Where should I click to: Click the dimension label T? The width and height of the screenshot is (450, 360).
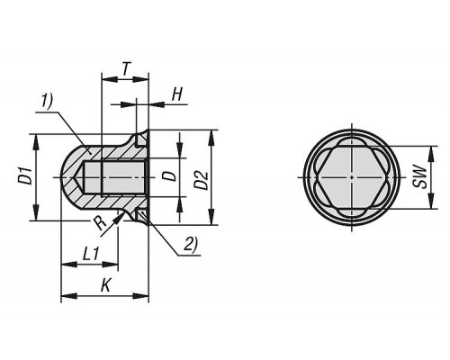[x=127, y=69]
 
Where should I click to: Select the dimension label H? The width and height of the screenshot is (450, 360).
[x=177, y=94]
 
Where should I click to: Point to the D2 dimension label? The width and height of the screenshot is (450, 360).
[x=202, y=180]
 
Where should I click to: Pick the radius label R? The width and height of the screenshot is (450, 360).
[x=99, y=223]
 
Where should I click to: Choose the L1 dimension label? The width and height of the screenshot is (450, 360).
[x=91, y=255]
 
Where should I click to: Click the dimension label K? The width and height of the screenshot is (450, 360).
[x=105, y=285]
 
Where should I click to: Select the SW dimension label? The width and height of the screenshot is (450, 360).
[x=420, y=177]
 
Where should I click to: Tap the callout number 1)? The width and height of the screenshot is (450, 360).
[x=47, y=101]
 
